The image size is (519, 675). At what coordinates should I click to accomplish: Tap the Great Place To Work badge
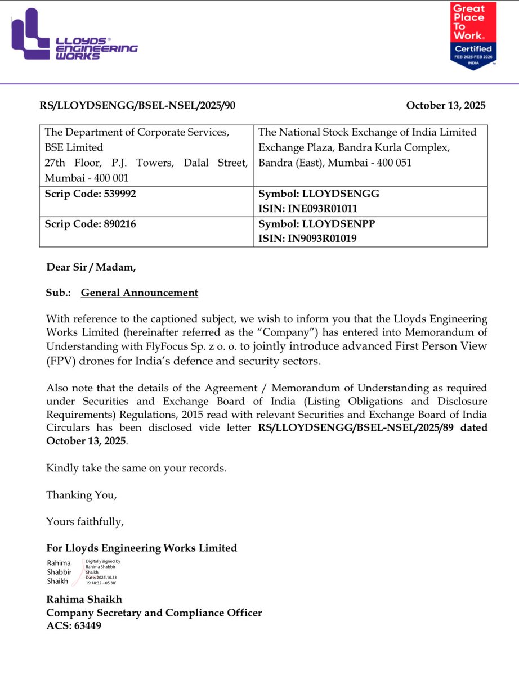point(473,35)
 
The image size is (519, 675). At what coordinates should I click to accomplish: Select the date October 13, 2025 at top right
point(445,105)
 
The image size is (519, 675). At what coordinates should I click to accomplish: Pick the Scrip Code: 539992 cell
point(90,193)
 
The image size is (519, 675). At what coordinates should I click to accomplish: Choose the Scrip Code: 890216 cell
point(90,223)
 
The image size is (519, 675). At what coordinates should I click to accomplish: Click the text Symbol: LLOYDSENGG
point(319,193)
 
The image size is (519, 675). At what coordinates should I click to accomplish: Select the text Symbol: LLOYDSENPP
point(316,223)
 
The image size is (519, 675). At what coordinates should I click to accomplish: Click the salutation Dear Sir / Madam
point(91,267)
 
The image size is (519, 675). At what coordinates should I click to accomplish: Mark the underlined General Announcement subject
point(140,292)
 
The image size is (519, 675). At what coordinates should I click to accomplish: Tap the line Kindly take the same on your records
point(136,468)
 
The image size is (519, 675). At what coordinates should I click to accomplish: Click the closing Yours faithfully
point(85,522)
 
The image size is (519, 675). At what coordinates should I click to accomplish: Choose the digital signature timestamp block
point(102,573)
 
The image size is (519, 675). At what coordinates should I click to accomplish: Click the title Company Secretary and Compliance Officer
point(154,613)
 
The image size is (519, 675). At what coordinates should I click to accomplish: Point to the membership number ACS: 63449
point(74,625)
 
